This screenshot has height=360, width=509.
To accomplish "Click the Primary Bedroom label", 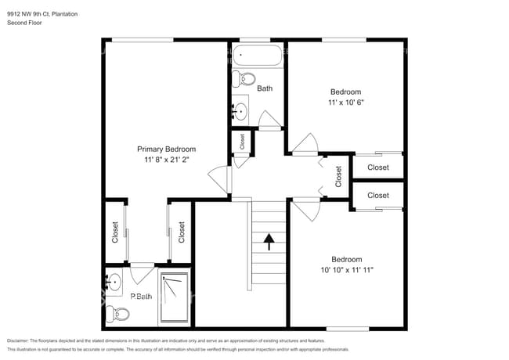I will (x=166, y=149).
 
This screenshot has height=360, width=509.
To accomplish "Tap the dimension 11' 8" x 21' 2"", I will (x=166, y=160).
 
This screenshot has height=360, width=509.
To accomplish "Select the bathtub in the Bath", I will (x=257, y=56).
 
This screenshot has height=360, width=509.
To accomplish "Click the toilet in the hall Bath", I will (x=246, y=79).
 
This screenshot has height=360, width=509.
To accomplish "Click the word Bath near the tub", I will (x=265, y=88).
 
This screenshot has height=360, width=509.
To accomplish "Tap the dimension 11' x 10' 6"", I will (x=346, y=102).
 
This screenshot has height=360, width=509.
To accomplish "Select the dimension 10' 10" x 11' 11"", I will (x=346, y=271).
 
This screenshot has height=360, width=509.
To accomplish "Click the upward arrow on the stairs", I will (x=269, y=241).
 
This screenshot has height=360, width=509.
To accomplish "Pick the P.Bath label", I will (x=141, y=296).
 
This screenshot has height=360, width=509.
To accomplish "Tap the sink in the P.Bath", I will (x=116, y=280).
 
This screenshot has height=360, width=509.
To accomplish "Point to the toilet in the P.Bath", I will (x=118, y=314).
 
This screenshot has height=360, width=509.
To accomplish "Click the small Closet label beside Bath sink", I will (x=243, y=142).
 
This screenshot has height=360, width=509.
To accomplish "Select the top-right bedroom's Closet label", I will (x=377, y=167).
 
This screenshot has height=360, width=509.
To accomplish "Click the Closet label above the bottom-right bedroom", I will (x=377, y=195).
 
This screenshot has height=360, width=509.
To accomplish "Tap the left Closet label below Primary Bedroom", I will (x=115, y=232).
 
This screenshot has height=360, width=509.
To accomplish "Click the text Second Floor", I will (x=23, y=23).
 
